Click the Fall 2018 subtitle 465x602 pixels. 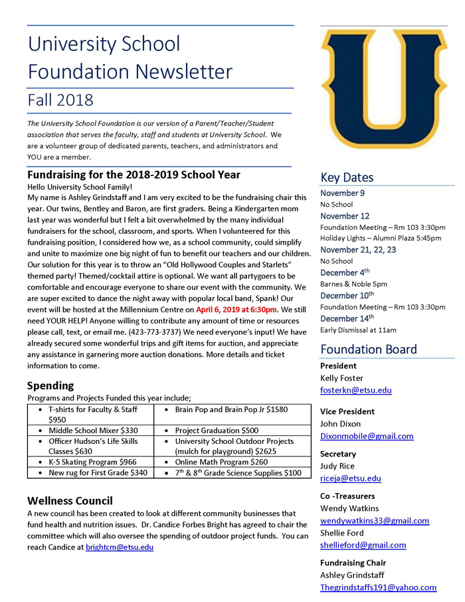60,100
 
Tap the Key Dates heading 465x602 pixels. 347,177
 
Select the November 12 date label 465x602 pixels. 345,216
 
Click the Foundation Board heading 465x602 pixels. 369,350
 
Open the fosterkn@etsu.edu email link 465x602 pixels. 355,391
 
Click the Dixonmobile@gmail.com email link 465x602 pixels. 367,437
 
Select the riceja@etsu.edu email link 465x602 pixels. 350,478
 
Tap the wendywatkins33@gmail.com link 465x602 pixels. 375,521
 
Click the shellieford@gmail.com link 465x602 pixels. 363,545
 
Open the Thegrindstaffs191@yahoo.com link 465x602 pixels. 378,587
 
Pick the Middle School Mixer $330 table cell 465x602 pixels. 93,431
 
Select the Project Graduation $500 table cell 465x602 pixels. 217,431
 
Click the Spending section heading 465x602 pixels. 50,385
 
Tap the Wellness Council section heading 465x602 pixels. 70,500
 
